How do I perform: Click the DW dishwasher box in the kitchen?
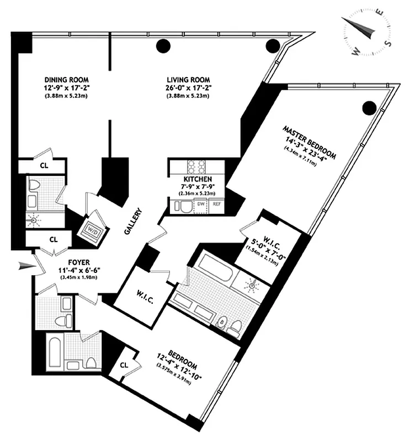[201, 205]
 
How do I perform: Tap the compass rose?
[366, 31]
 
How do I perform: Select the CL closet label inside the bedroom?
[124, 364]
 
